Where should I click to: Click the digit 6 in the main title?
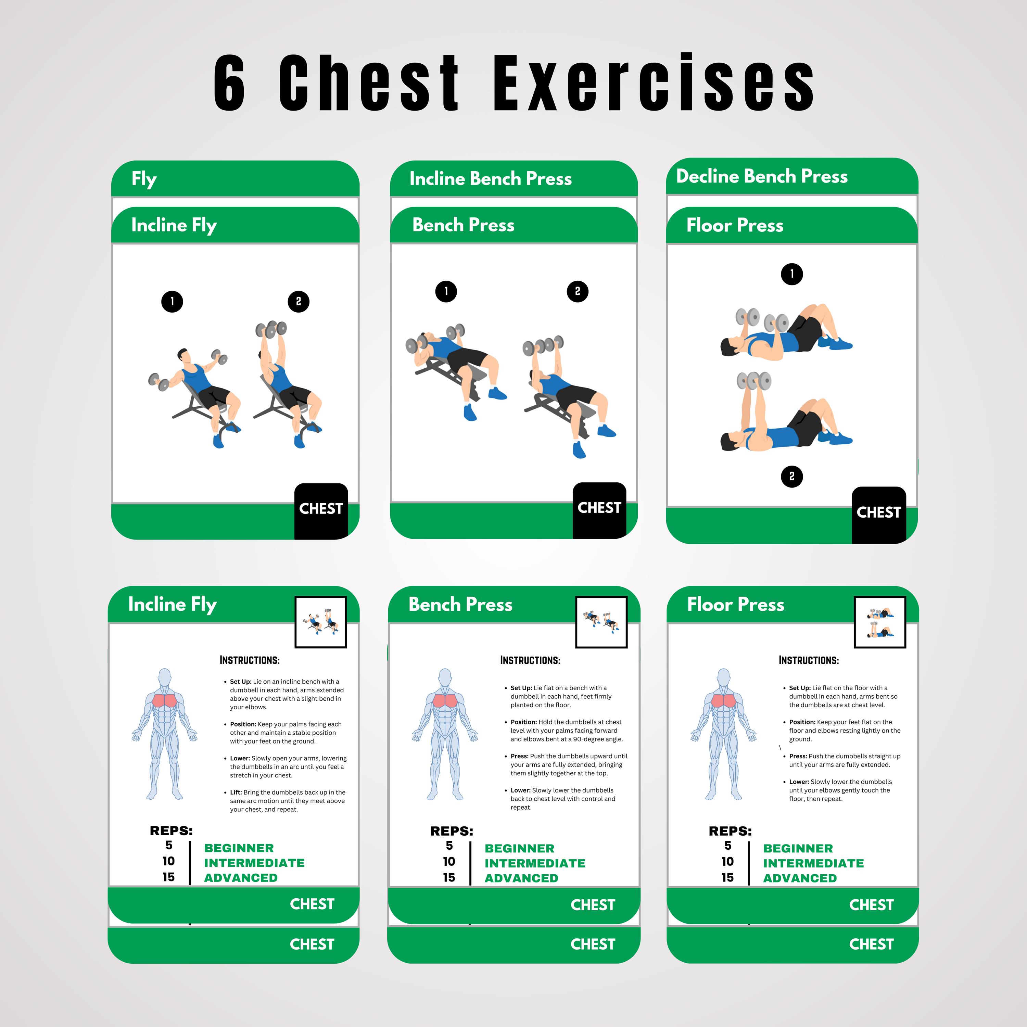click(x=230, y=84)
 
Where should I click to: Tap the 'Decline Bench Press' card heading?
click(x=761, y=176)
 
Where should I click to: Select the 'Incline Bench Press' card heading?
click(x=490, y=179)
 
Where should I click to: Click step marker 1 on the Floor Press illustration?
click(x=791, y=274)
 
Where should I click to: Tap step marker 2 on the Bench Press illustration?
click(x=577, y=291)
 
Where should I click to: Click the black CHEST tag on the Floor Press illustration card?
click(x=879, y=512)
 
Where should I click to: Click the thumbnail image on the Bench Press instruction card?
click(x=601, y=622)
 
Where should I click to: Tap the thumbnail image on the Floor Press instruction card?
click(x=880, y=622)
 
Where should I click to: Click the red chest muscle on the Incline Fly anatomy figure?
click(x=165, y=701)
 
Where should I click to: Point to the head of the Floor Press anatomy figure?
click(x=723, y=678)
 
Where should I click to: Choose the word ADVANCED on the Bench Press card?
click(x=521, y=878)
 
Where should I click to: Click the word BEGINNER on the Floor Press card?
click(x=798, y=848)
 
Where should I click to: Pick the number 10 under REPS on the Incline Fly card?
click(x=168, y=861)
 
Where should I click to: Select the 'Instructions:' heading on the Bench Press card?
click(x=530, y=660)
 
